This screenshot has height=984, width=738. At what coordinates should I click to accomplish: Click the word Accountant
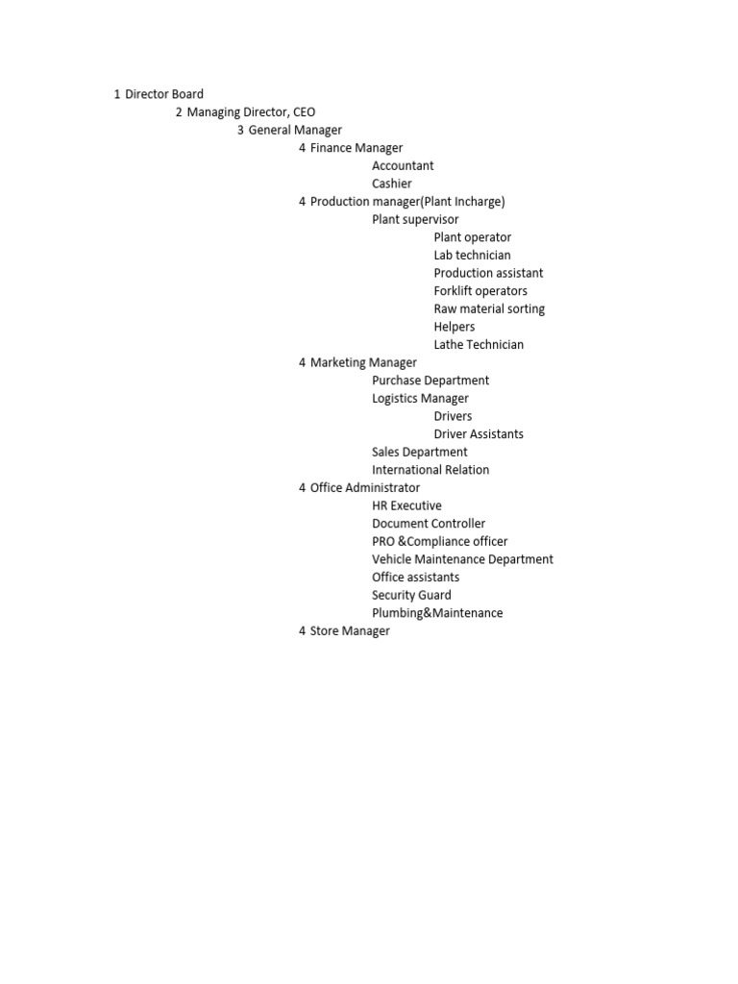403,166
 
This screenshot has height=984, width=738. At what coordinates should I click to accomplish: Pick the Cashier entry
392,184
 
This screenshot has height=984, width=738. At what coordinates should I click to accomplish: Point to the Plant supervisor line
415,219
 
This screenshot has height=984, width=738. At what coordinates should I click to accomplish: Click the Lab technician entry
472,256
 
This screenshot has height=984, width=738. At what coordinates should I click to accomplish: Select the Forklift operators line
480,291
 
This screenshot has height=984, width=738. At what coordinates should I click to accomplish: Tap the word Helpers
455,327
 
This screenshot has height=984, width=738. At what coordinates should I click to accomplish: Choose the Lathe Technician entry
479,345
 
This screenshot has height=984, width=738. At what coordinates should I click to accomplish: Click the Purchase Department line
430,381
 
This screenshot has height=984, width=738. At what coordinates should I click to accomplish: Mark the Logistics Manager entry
420,399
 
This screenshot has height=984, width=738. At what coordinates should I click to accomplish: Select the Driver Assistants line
479,434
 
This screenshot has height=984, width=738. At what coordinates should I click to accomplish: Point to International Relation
430,470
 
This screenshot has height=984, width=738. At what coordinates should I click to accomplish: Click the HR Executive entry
406,505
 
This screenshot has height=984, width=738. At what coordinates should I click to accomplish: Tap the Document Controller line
429,524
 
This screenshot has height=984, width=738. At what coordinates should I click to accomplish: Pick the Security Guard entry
411,595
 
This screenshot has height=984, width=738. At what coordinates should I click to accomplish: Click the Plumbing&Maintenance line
437,613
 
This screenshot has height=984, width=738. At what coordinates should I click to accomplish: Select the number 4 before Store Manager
302,631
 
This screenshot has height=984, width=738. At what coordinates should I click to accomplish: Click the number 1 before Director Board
116,94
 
